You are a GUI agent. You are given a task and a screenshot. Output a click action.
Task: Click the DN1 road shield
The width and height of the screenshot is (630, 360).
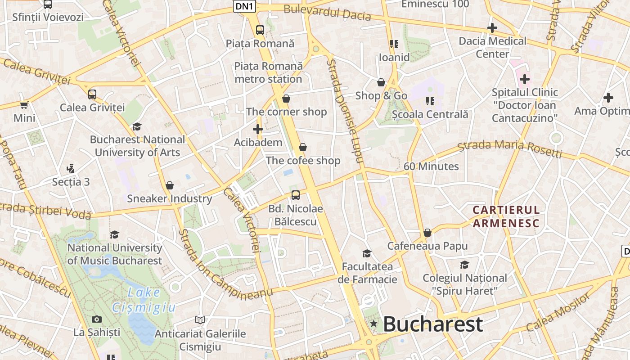pyautogui.click(x=245, y=6)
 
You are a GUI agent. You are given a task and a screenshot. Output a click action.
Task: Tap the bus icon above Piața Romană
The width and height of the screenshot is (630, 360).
pyautogui.click(x=260, y=30)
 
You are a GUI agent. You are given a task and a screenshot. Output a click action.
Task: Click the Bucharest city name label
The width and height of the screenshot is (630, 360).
pyautogui.click(x=433, y=324)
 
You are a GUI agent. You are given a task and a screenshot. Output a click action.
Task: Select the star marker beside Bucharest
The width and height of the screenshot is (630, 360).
pyautogui.click(x=373, y=324)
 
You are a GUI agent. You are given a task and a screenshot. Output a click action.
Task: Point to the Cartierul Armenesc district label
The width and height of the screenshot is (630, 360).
pyautogui.click(x=506, y=216)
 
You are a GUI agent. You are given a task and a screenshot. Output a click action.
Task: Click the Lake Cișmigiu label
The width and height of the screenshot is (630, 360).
pyautogui.click(x=144, y=300)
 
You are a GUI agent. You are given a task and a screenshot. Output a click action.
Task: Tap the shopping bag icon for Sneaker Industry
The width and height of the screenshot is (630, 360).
pyautogui.click(x=170, y=185)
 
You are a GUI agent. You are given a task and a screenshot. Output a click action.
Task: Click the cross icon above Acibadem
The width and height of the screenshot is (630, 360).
pyautogui.click(x=258, y=130)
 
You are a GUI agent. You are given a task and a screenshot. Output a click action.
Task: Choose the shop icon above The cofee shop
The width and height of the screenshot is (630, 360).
pyautogui.click(x=303, y=147)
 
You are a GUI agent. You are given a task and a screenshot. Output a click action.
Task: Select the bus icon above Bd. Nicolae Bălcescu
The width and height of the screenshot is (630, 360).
pyautogui.click(x=295, y=195)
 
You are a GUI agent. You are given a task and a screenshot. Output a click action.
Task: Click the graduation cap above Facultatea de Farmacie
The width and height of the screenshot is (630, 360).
pyautogui.click(x=367, y=253)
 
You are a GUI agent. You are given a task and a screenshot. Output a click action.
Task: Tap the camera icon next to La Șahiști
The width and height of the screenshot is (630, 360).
pyautogui.click(x=96, y=319)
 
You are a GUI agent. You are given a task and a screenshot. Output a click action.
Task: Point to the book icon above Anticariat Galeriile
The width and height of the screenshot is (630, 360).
pyautogui.click(x=200, y=320)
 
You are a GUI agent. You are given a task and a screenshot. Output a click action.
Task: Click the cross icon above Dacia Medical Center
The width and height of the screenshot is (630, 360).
pyautogui.click(x=492, y=28)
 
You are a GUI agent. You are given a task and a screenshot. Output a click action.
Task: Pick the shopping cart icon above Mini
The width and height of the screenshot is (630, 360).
pyautogui.click(x=24, y=105)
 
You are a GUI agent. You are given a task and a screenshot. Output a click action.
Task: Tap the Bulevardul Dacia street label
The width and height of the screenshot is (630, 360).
pyautogui.click(x=327, y=13)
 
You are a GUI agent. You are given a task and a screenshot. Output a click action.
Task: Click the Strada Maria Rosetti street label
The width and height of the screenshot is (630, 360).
pyautogui.click(x=509, y=149)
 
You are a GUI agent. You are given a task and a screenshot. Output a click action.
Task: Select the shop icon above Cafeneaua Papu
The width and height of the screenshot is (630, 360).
pyautogui.click(x=427, y=233)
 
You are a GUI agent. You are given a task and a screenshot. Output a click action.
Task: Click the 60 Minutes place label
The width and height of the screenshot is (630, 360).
pyautogui.click(x=431, y=166)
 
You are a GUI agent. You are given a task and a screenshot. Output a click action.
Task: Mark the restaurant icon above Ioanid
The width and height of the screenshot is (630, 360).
pyautogui.click(x=394, y=44)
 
